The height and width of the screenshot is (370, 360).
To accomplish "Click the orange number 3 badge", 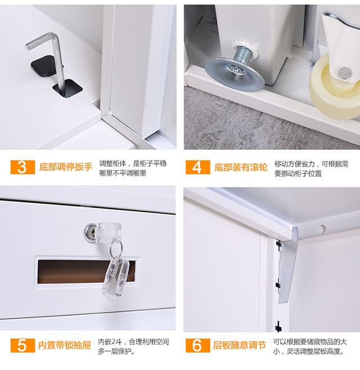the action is [22, 167].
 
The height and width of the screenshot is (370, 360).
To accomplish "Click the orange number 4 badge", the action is [198, 167].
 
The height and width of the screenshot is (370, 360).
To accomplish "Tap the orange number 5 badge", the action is [22, 345].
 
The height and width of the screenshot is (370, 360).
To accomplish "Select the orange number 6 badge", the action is [198, 345].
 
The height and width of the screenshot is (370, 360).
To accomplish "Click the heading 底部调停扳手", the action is [66, 167].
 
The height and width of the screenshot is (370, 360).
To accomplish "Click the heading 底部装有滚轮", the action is [241, 167].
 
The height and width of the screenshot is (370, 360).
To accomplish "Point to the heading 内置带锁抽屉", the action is [65, 345].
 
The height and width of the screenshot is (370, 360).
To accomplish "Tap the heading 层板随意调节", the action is [240, 345].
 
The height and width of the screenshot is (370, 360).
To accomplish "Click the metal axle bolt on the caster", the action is [344, 73].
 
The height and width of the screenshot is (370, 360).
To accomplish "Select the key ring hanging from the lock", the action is [116, 248].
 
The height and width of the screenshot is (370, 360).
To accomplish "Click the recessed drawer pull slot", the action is [87, 271].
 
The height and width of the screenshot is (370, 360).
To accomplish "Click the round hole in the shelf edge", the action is [321, 229].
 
